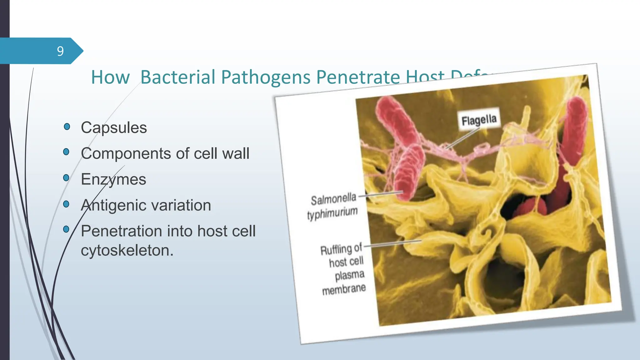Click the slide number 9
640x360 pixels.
point(60,51)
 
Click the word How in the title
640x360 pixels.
point(110,77)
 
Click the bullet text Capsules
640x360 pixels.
point(114,128)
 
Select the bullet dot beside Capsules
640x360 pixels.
point(67,127)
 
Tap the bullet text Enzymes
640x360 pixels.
point(113,180)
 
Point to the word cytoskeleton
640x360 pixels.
point(127,251)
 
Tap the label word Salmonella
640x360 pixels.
point(333,199)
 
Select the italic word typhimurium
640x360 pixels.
point(332,213)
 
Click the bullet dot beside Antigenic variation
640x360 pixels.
point(66,204)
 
